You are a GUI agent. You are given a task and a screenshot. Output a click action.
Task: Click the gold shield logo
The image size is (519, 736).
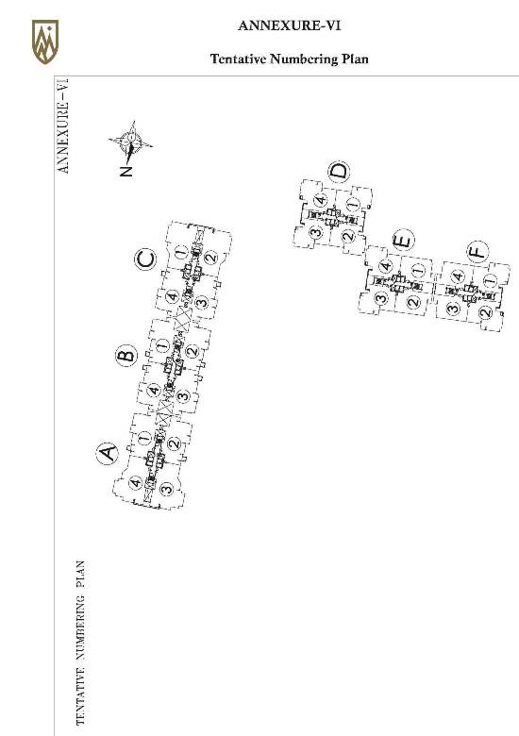coord(45,42)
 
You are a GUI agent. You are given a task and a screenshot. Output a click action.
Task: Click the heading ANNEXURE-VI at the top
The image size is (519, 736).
coord(289,25)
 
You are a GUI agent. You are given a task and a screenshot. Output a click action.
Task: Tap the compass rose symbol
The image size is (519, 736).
coord(131,141)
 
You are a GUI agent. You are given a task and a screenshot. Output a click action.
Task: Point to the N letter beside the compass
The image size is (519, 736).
coord(126,171)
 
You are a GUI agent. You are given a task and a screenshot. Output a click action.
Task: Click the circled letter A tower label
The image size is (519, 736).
coord(108,453)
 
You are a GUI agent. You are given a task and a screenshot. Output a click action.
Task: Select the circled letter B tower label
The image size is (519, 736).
coord(126,355)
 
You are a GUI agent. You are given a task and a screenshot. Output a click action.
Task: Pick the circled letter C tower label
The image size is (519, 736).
coord(146,259)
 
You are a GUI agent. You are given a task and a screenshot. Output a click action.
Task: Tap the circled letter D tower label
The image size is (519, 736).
coord(340,172)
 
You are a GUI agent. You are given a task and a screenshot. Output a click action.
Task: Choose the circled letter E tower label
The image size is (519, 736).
coord(403,241)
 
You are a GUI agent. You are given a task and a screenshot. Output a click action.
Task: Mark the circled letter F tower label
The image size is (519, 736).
coord(477,252)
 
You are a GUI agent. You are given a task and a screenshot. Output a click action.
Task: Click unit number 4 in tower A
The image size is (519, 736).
coord(135,482)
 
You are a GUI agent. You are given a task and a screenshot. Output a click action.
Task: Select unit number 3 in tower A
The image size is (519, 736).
coord(166,489)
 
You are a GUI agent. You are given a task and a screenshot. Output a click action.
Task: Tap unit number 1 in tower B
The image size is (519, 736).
coord(162,346)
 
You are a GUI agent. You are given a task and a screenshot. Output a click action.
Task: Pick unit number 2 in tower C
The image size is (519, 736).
coord(211,258)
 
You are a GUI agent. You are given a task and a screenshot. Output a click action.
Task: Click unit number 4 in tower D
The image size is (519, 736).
coord(321,200)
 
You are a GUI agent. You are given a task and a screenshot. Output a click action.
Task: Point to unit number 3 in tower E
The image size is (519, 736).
coord(382,297)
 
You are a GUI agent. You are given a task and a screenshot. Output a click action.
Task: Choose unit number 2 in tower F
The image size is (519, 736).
coord(486,311)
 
